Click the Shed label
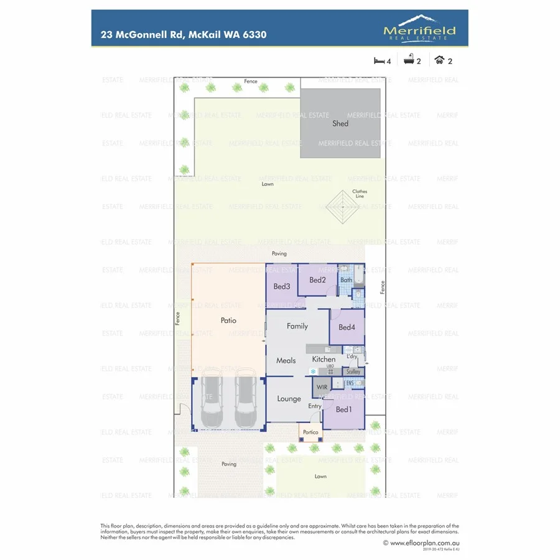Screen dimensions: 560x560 (x=340, y=123)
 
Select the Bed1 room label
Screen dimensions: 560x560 (x=343, y=409)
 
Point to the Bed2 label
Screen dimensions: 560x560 (x=317, y=280)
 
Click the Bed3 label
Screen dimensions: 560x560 (x=281, y=286)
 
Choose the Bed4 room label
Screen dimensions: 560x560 (x=347, y=327)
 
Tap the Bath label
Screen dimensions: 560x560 (x=346, y=280)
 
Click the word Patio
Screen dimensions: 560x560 (x=228, y=320)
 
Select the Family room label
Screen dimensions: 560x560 (x=297, y=326)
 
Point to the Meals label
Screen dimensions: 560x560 (x=286, y=360)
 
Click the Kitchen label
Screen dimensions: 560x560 (x=324, y=359)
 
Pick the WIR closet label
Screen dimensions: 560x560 (x=322, y=387)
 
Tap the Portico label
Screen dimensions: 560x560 (x=310, y=432)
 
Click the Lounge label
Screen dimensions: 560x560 (x=289, y=399)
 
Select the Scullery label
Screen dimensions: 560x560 (x=353, y=371)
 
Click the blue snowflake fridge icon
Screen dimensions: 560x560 (x=313, y=371)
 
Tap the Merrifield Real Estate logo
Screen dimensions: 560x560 (x=419, y=30)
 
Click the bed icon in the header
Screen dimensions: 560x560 (x=378, y=61)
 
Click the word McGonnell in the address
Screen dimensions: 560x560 (x=146, y=34)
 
